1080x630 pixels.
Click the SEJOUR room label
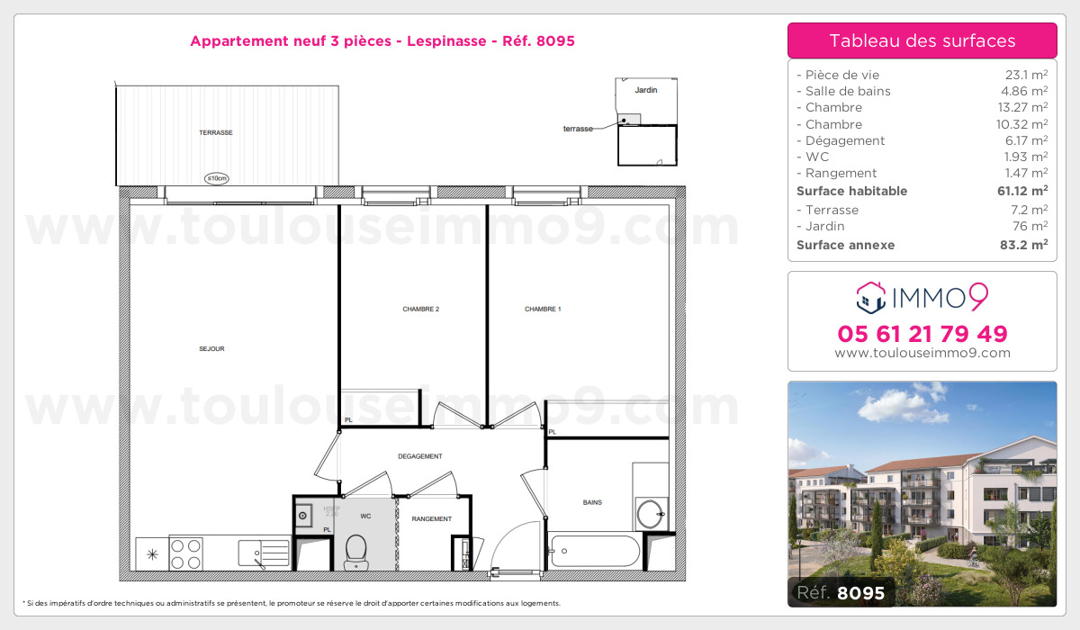point(211,349)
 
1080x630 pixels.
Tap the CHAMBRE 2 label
point(420,310)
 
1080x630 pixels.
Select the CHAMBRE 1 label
point(543,310)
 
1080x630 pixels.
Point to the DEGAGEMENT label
point(420,457)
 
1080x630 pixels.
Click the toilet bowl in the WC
point(356,548)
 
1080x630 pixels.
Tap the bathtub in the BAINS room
point(595,550)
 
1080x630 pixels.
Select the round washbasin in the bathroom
point(650,515)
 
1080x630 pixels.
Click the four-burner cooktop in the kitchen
point(185,553)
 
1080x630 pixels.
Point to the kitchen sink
point(264,552)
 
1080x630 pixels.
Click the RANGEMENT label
point(432,519)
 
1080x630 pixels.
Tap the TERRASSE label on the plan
point(216,133)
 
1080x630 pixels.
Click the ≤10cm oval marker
point(216,178)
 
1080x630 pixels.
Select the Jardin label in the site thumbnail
point(645,91)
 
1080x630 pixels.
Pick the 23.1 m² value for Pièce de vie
point(1028,75)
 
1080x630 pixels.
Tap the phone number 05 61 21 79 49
point(922,334)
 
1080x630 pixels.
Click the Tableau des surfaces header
point(922,40)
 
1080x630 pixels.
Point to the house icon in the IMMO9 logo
point(870,295)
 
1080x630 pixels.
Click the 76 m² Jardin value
point(1031,226)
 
